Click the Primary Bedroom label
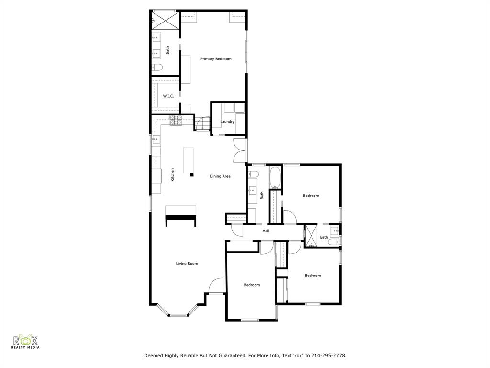click(x=216, y=59)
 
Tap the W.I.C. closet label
click(x=168, y=96)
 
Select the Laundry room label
click(x=227, y=122)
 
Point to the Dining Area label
click(x=220, y=176)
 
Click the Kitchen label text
click(x=173, y=174)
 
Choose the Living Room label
click(x=187, y=263)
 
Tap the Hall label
click(x=266, y=231)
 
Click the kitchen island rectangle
click(x=189, y=161)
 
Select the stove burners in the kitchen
click(x=176, y=120)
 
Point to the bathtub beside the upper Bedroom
click(x=276, y=178)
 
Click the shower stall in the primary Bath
click(x=164, y=20)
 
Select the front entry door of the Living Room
click(x=216, y=286)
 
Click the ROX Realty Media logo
click(x=26, y=341)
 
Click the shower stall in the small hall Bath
click(x=312, y=236)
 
